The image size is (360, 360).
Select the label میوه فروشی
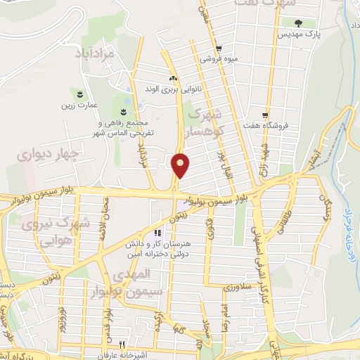[218, 59]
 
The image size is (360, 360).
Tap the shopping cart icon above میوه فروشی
[219, 49]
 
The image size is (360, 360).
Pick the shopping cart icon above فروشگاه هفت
[265, 115]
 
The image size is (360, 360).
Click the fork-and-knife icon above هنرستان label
[159, 233]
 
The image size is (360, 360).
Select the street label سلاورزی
[238, 288]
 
